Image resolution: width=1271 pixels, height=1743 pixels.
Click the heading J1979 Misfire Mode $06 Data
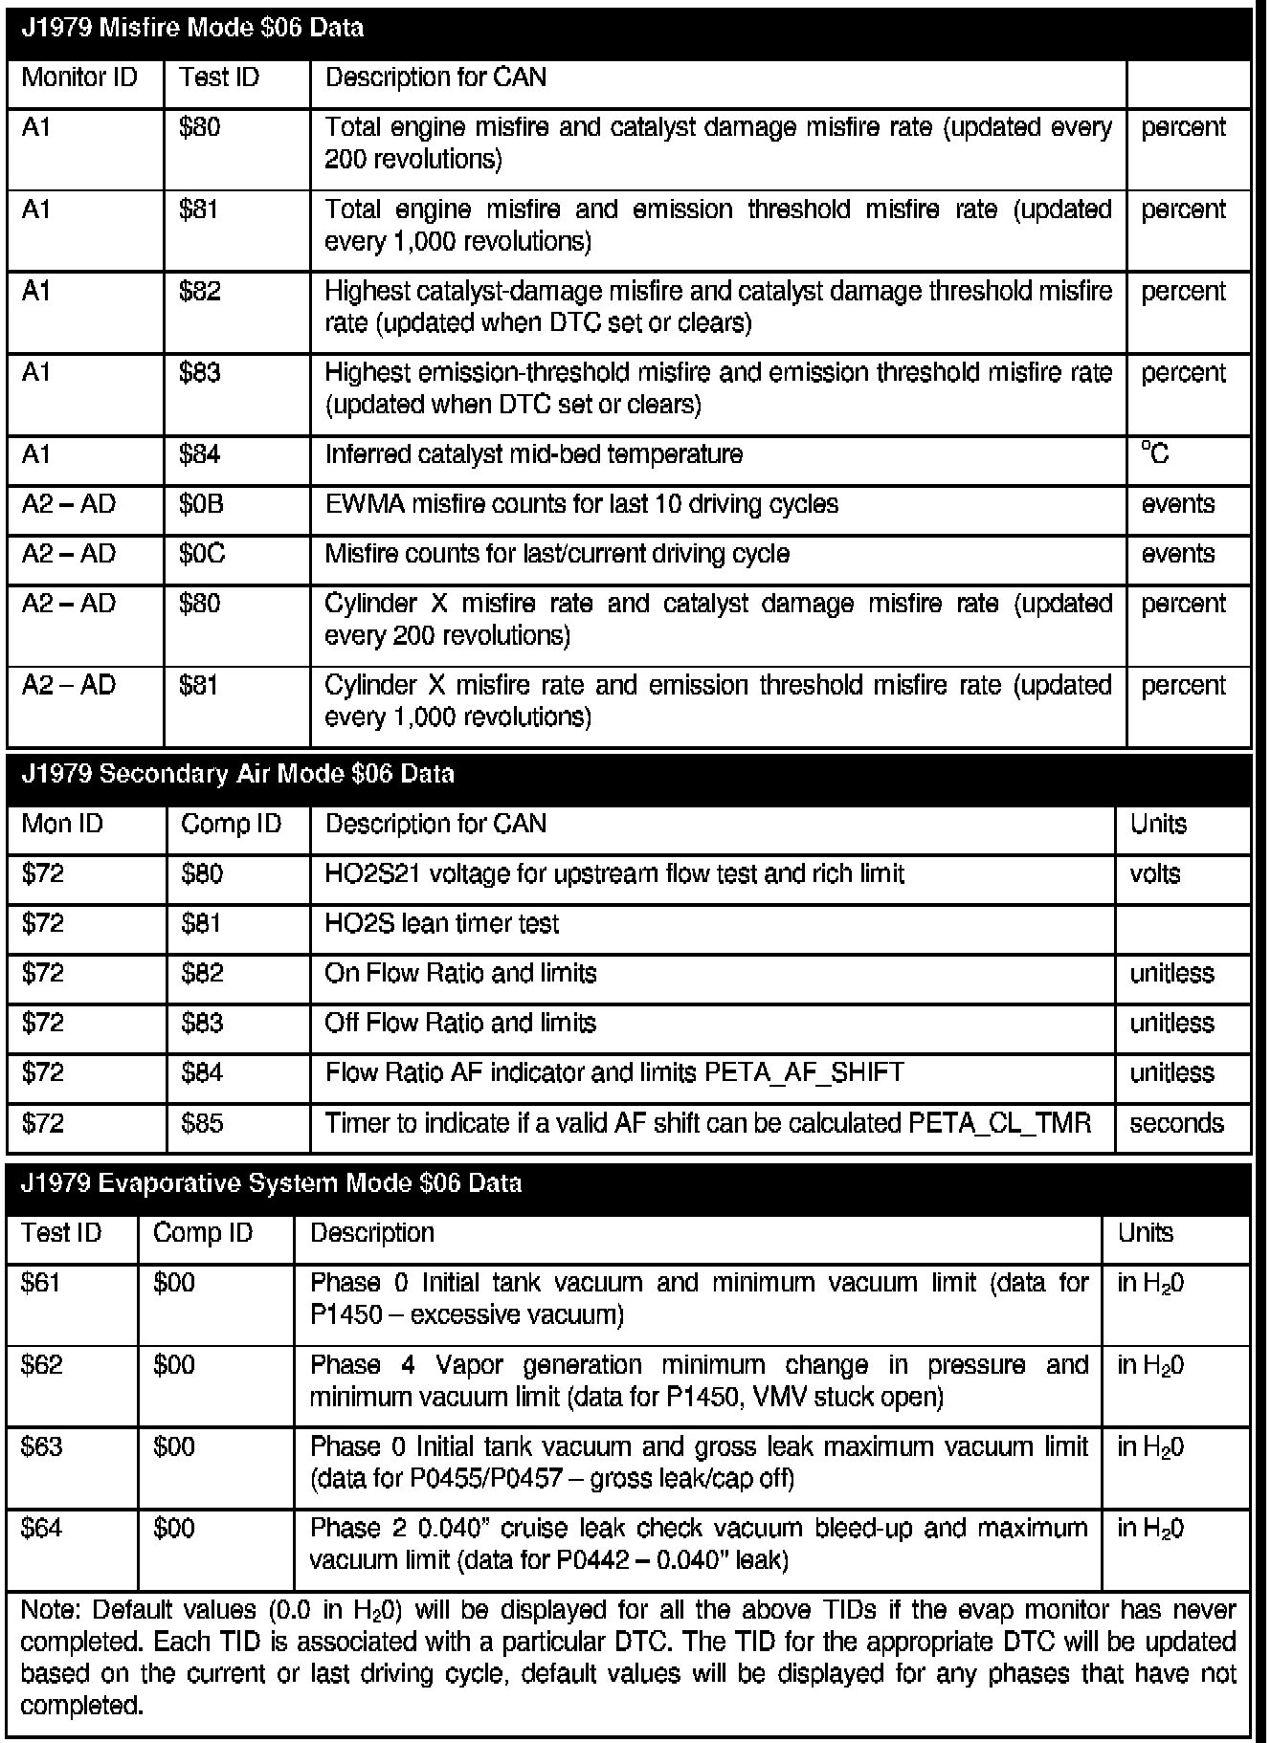click(x=191, y=28)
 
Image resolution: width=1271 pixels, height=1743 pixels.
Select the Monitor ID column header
click(x=78, y=77)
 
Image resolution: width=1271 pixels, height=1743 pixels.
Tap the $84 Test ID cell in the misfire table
click(x=199, y=454)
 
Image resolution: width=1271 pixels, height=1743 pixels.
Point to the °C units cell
click(x=1155, y=453)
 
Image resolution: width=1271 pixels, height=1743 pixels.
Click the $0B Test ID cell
click(x=201, y=504)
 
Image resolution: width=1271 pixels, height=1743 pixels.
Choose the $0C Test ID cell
click(x=201, y=554)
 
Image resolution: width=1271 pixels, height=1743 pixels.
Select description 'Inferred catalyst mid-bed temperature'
click(x=533, y=454)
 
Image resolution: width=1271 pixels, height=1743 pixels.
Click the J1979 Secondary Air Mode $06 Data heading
click(x=237, y=774)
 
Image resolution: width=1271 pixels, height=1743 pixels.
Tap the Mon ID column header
click(x=62, y=824)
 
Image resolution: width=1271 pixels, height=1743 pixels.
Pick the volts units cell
click(x=1155, y=873)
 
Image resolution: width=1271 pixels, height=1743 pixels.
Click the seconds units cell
click(x=1176, y=1122)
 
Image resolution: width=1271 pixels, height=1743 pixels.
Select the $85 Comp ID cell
click(x=202, y=1122)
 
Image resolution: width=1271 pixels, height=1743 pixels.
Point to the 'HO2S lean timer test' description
click(x=441, y=923)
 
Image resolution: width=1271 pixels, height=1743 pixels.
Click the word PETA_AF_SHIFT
click(x=804, y=1072)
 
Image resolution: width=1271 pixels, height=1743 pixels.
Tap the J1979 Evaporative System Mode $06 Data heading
click(x=271, y=1183)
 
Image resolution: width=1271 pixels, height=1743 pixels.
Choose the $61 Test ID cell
click(x=41, y=1283)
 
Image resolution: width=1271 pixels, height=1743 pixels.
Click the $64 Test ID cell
click(x=41, y=1528)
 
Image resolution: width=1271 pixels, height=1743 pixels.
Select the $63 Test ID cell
click(x=41, y=1445)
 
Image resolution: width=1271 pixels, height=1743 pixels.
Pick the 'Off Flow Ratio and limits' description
click(x=460, y=1023)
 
